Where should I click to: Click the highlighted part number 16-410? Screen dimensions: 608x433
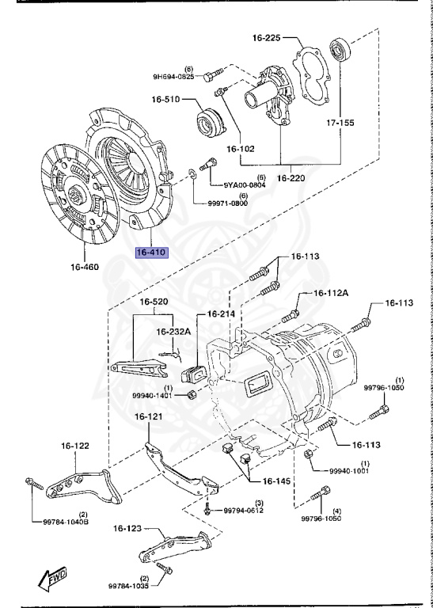click(x=151, y=253)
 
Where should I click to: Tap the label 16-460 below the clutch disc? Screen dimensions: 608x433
click(x=84, y=267)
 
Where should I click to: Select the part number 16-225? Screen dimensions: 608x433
click(x=268, y=37)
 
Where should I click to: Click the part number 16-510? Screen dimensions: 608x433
click(x=166, y=100)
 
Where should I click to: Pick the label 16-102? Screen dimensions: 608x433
click(x=240, y=148)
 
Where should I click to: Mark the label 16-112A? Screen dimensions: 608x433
click(x=331, y=293)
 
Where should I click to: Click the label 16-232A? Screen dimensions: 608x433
click(x=173, y=332)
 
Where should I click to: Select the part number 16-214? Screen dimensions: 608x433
click(x=222, y=314)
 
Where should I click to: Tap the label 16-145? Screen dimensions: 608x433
click(x=277, y=481)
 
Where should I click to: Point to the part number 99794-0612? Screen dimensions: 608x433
click(x=243, y=511)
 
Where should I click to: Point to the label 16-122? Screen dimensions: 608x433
click(x=77, y=446)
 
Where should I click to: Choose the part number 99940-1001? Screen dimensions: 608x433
click(x=351, y=470)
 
